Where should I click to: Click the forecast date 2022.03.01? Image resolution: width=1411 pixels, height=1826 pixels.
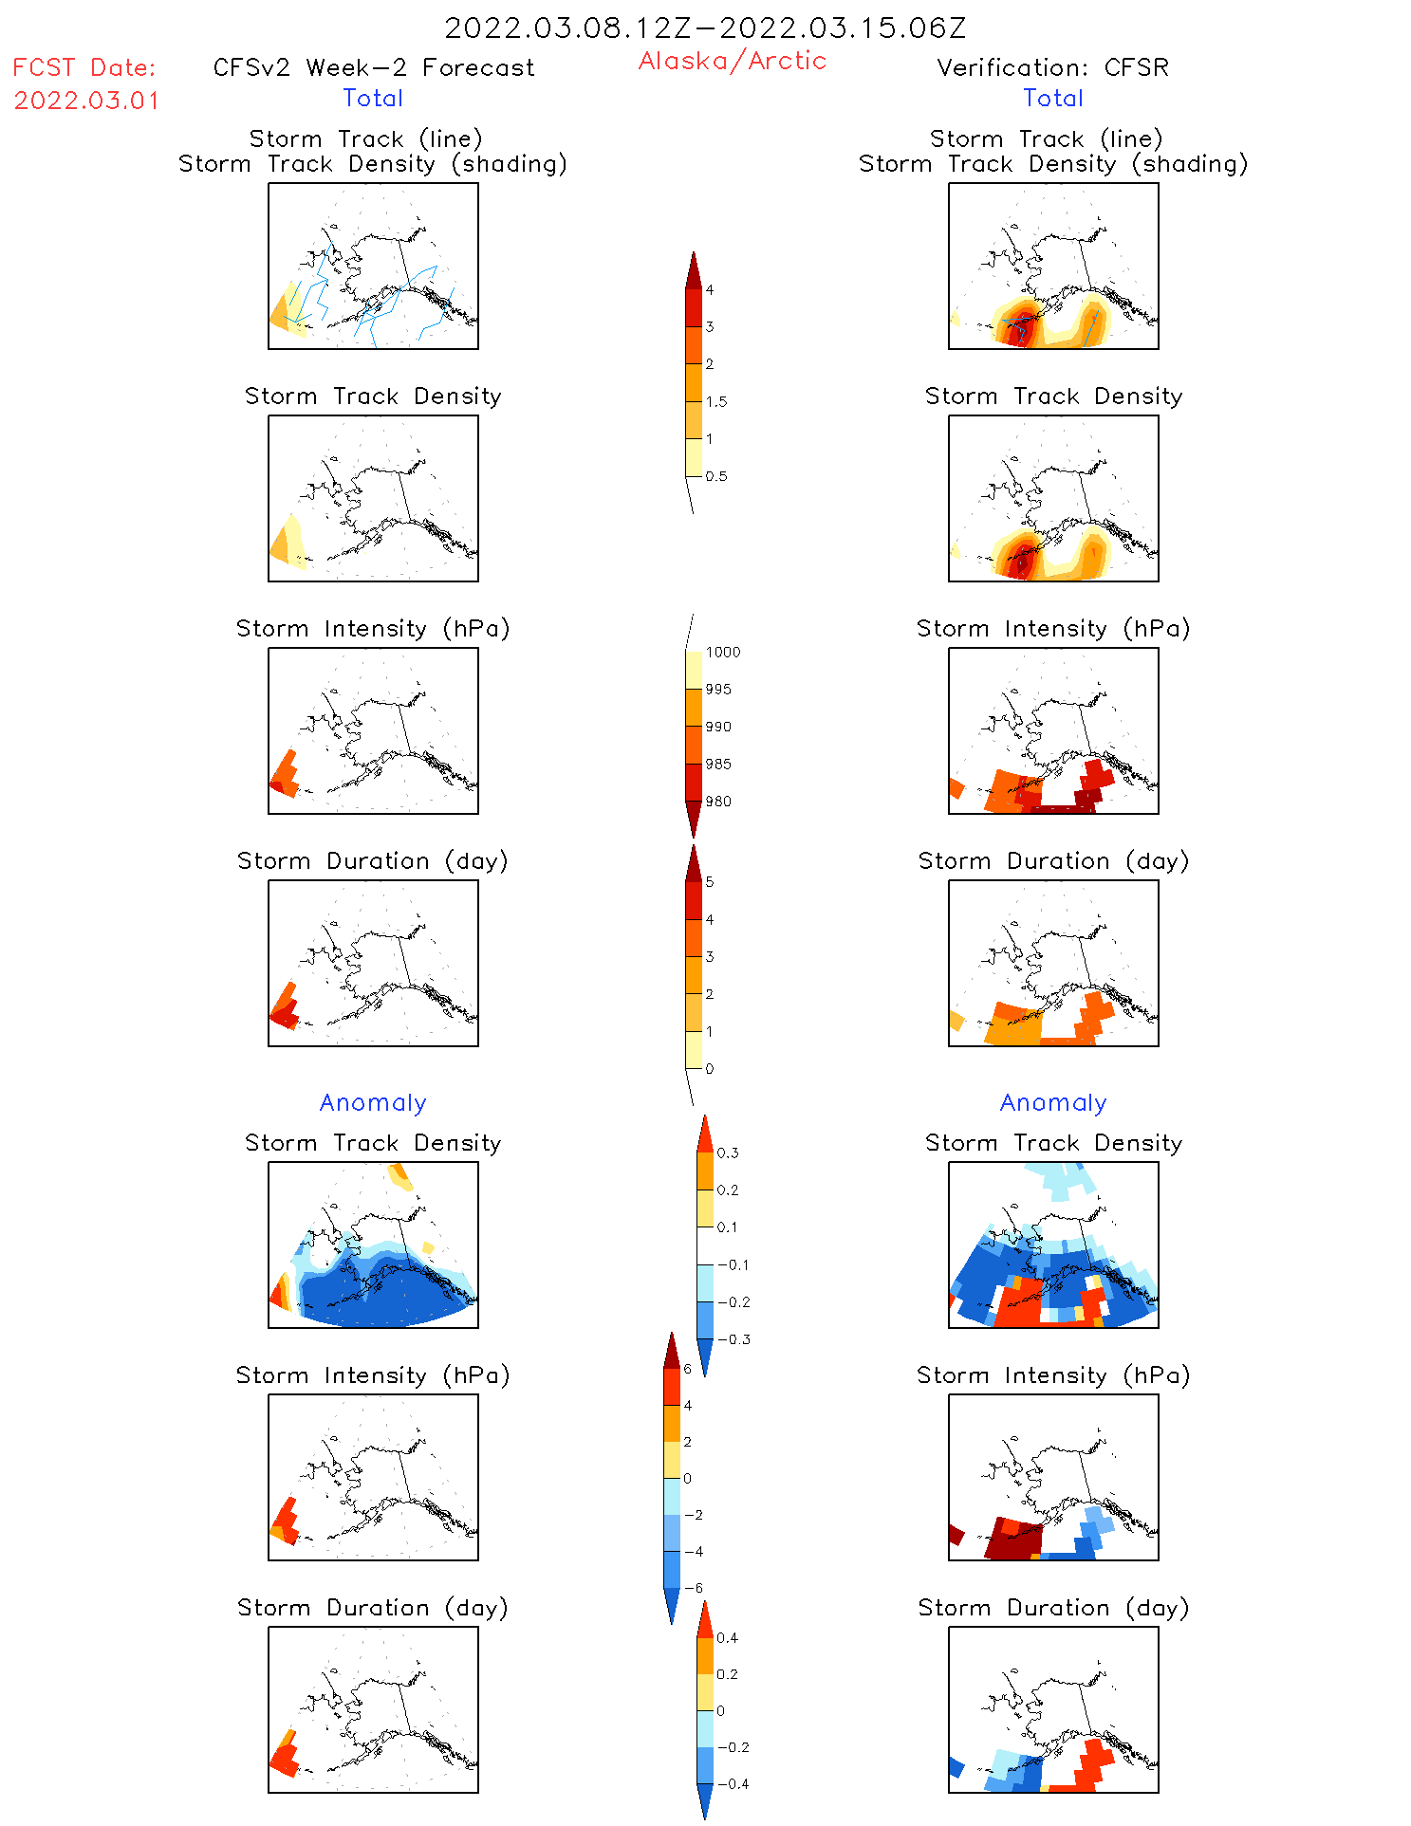(86, 101)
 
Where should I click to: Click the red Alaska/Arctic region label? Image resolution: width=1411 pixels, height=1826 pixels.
(732, 61)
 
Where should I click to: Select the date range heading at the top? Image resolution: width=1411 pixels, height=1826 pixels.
(705, 28)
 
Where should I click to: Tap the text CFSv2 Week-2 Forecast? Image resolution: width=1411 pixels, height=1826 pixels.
(373, 67)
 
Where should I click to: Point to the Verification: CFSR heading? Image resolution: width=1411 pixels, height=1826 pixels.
(1052, 67)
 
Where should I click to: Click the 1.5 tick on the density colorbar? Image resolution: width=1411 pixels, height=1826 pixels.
(716, 401)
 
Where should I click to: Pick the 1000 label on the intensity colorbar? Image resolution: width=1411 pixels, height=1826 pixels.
(722, 652)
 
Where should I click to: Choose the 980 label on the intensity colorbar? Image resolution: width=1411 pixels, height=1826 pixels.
(718, 802)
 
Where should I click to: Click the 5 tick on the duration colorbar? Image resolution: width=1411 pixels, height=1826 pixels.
(710, 882)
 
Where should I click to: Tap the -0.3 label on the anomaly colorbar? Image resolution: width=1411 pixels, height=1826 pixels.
(733, 1339)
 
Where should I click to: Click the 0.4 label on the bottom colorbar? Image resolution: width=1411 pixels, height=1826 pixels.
(727, 1637)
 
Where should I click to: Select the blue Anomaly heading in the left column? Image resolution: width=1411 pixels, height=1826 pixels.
(373, 1102)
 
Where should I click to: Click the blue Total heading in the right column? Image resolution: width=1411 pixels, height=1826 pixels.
(1052, 98)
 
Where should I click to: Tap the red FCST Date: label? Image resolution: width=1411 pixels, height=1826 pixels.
(84, 67)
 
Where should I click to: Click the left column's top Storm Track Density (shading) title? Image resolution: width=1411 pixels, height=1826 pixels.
(373, 163)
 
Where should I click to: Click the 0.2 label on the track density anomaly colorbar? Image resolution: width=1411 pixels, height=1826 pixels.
(727, 1190)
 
